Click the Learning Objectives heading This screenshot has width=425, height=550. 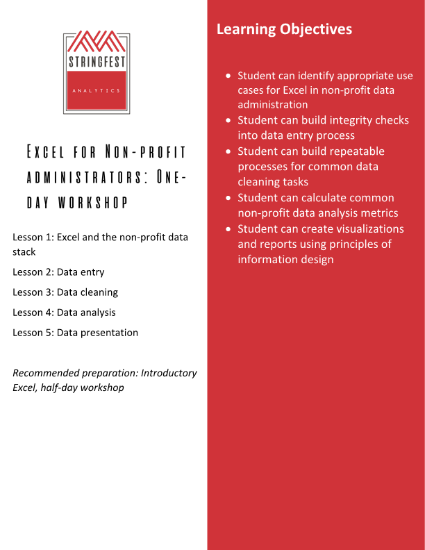[284, 29]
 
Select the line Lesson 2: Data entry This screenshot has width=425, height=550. [58, 272]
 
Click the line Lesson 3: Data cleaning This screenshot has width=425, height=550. [65, 292]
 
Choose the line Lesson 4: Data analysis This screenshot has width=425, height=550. [64, 312]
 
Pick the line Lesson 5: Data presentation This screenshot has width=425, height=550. [75, 333]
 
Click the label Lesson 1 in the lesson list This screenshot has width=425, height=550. [33, 237]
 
